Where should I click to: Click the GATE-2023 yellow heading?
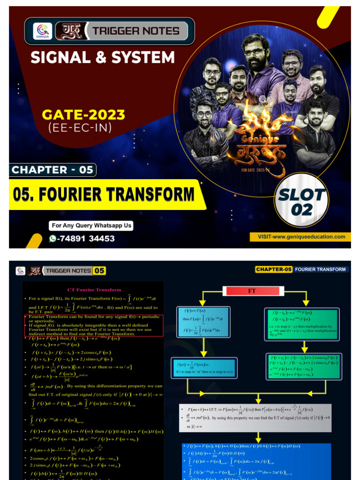84,114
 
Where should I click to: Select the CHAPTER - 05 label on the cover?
52,169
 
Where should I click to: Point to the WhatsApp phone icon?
52,238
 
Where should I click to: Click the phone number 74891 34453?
86,238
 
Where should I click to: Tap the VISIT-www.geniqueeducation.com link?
301,237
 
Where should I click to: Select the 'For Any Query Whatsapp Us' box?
91,225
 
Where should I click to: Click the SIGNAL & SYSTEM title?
103,58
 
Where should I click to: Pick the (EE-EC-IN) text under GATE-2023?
77,127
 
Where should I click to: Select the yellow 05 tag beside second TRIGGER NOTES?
99,270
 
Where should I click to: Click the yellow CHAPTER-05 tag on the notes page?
274,269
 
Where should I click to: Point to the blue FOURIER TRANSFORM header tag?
321,269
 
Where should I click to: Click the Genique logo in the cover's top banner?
42,31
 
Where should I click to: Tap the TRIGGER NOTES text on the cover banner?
136,31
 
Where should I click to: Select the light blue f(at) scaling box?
204,367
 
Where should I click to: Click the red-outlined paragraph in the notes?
93,325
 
